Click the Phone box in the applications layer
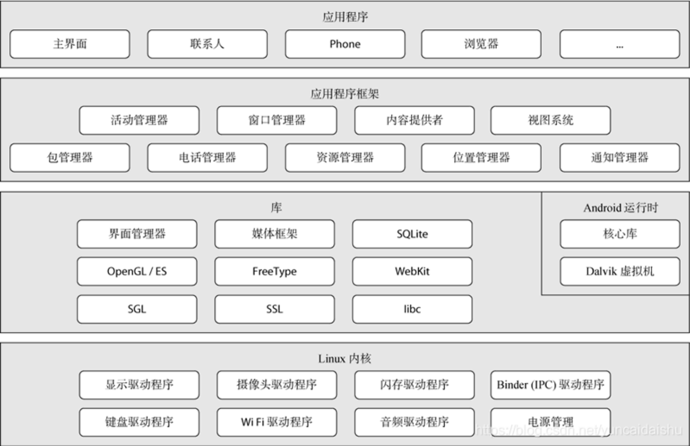(x=345, y=44)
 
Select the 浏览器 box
(x=481, y=44)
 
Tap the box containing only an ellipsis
(x=620, y=44)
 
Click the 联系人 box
(x=207, y=44)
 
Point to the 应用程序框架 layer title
(x=345, y=94)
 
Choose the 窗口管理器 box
(x=277, y=120)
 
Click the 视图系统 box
(x=550, y=120)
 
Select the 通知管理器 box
(x=620, y=158)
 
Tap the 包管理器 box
(x=70, y=158)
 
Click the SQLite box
(x=412, y=234)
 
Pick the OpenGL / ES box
(x=137, y=271)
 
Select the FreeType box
(x=275, y=271)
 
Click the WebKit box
(x=412, y=271)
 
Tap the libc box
(x=412, y=309)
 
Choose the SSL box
(x=275, y=309)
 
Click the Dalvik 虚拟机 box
(x=620, y=271)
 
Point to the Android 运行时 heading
(x=620, y=208)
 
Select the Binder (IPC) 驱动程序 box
(x=550, y=385)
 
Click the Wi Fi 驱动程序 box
(x=277, y=422)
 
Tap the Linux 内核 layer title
(x=345, y=359)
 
